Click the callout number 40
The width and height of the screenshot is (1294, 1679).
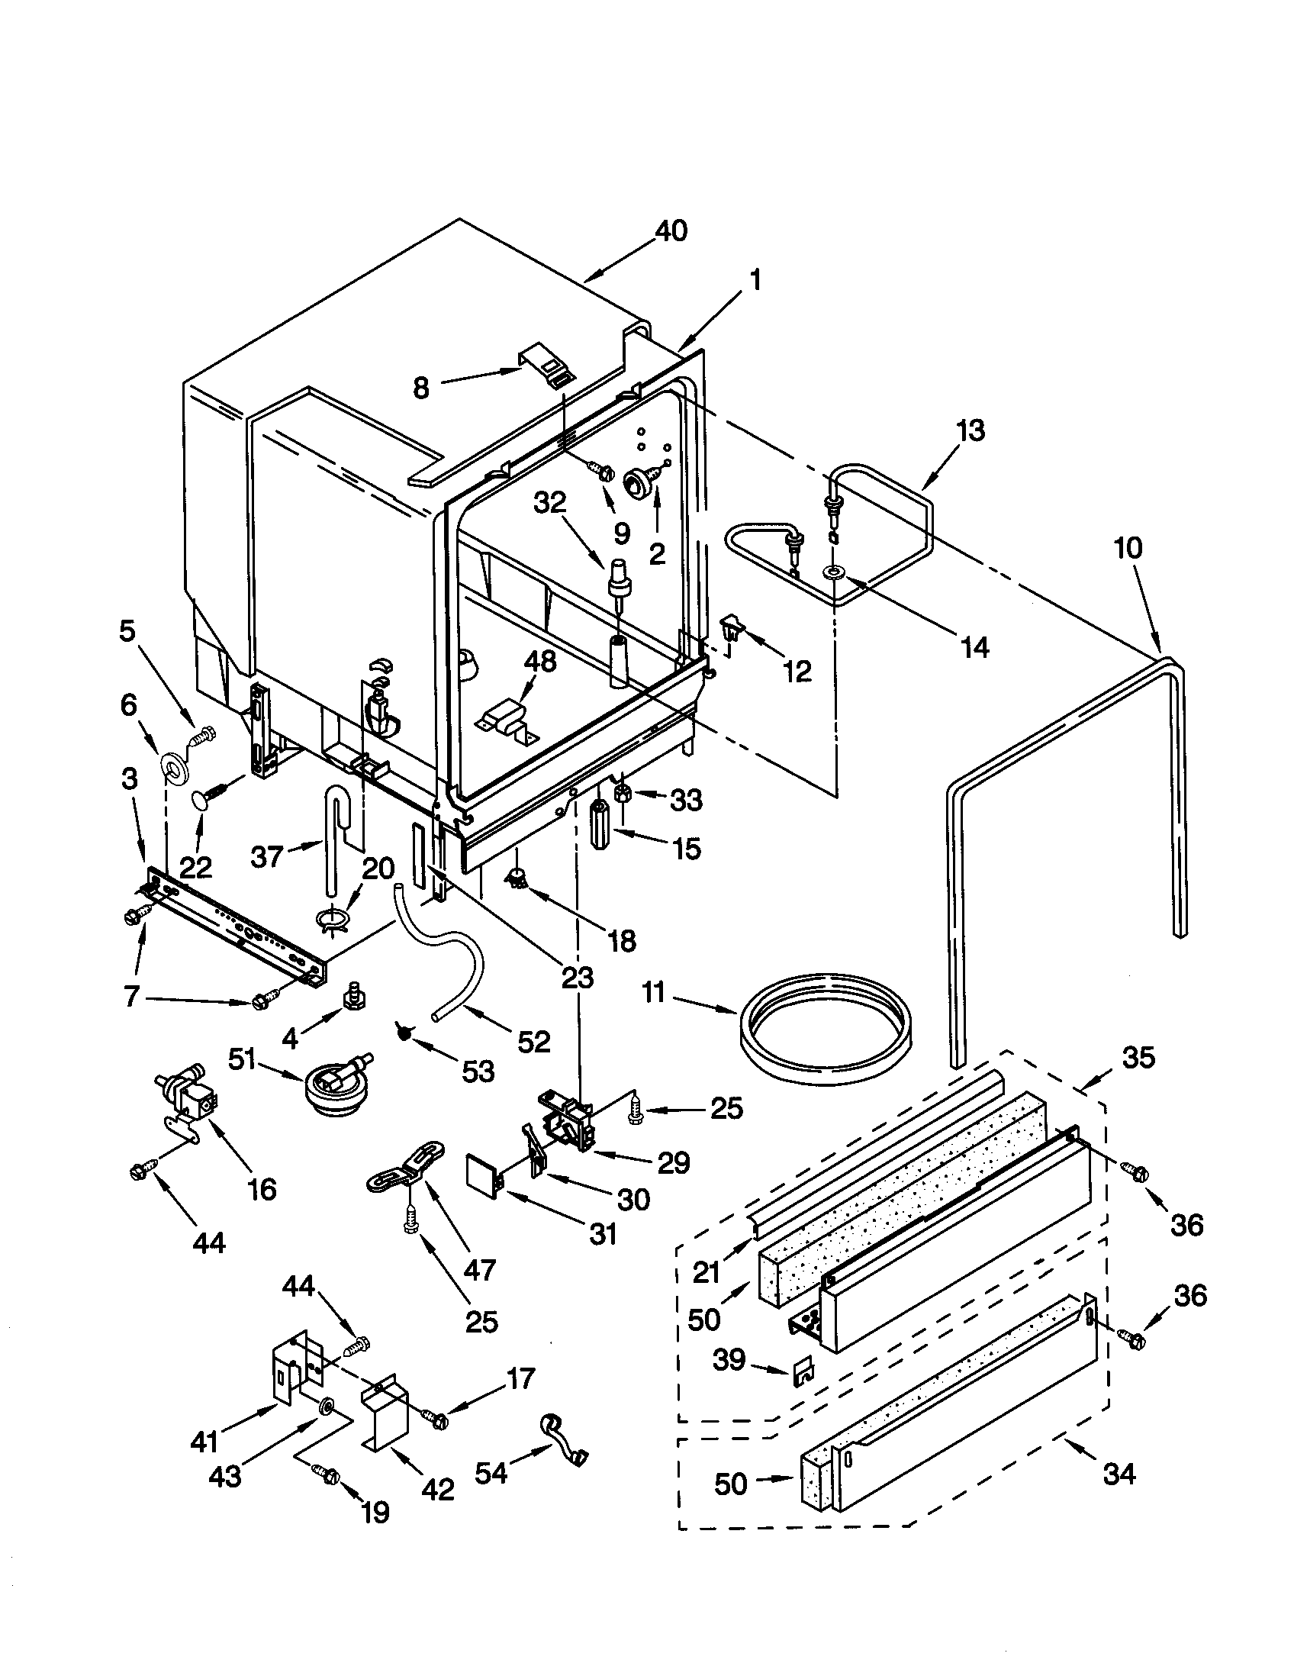pyautogui.click(x=671, y=230)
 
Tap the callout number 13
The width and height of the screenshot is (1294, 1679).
pyautogui.click(x=970, y=430)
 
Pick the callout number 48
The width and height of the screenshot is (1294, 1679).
pyautogui.click(x=539, y=661)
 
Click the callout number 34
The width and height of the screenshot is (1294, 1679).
pyautogui.click(x=1118, y=1474)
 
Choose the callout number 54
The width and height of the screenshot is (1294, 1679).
pyautogui.click(x=491, y=1473)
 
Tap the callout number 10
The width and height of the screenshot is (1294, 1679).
pyautogui.click(x=1127, y=548)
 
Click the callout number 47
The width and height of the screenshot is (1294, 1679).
pyautogui.click(x=480, y=1270)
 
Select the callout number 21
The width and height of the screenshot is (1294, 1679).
pyautogui.click(x=706, y=1273)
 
